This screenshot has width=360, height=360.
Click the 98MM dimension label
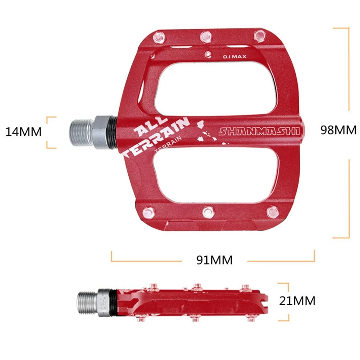(338, 130)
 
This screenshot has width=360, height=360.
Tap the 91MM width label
(215, 260)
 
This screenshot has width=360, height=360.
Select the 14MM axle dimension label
(23, 132)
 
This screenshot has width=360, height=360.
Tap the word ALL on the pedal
(146, 129)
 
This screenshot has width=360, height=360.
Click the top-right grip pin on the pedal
(259, 35)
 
